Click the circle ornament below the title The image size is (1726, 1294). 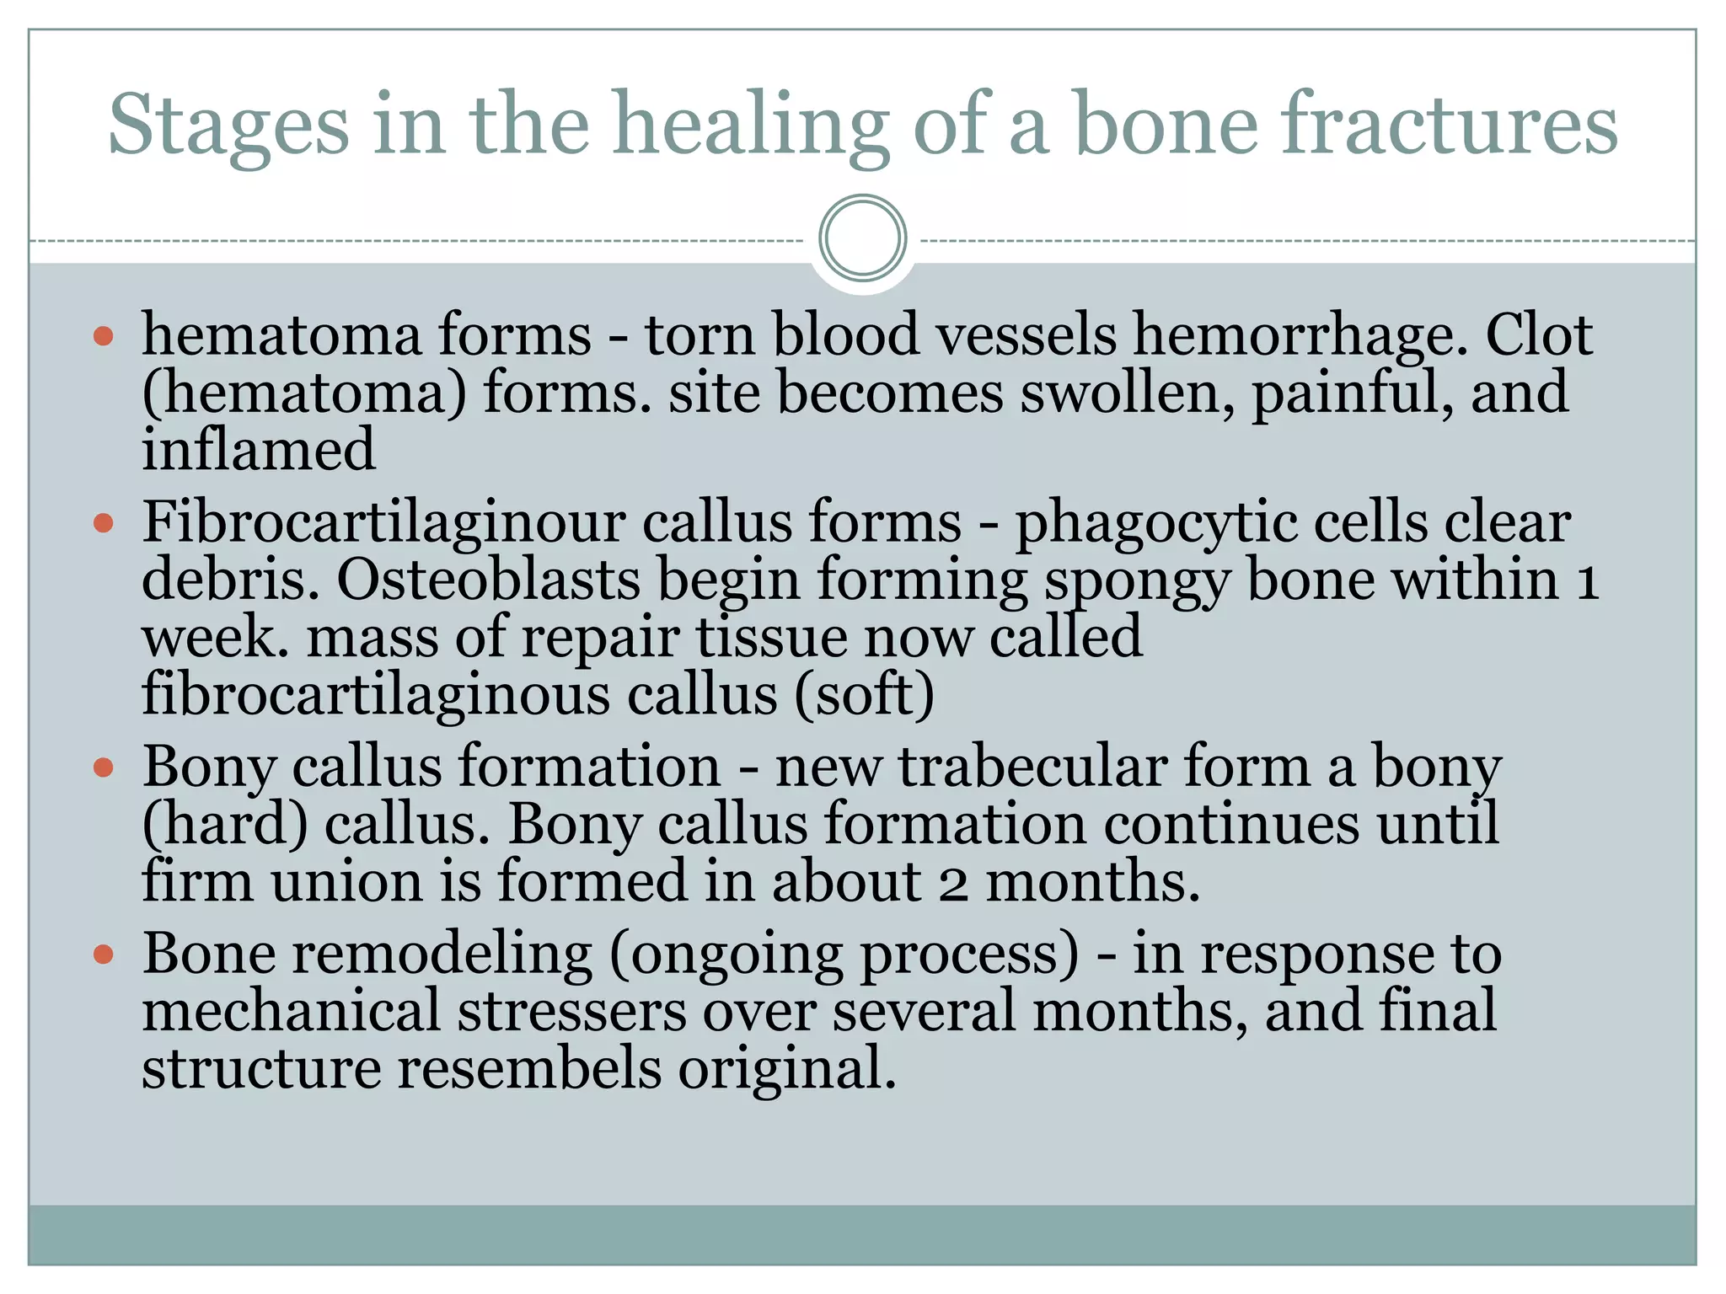(x=862, y=238)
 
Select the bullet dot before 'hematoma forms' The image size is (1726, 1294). (x=104, y=337)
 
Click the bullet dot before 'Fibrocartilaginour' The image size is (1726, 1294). (x=104, y=524)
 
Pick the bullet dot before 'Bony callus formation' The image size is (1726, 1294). (x=104, y=768)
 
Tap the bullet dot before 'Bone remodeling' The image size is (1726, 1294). (x=104, y=955)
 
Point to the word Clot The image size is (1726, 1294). (x=1538, y=335)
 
